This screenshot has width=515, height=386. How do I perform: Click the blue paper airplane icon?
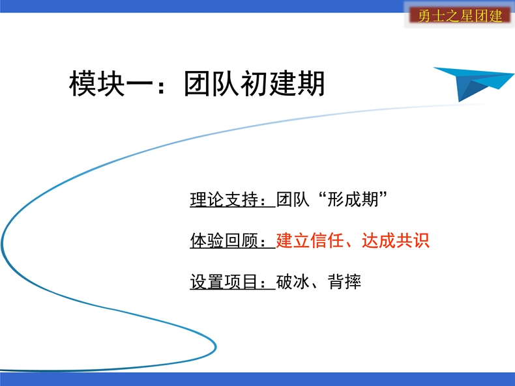(473, 82)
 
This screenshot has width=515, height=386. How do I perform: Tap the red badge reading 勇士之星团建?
(460, 16)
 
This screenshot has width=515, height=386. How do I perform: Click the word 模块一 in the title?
(111, 83)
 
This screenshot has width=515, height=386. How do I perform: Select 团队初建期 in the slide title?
(254, 83)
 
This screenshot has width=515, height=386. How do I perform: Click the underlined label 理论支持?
(224, 199)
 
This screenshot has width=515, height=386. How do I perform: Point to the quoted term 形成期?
(353, 199)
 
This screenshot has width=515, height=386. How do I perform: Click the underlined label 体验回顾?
(224, 240)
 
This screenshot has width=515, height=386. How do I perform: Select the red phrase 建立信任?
(310, 240)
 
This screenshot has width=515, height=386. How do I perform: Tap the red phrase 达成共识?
(396, 240)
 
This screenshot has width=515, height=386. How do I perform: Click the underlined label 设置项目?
(224, 282)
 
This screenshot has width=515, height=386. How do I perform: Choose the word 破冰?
(293, 282)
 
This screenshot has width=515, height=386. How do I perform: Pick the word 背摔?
(345, 282)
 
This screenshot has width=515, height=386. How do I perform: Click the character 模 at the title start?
(83, 83)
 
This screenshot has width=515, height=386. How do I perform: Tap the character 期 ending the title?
(311, 83)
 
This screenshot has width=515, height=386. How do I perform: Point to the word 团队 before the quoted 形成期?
(293, 199)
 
